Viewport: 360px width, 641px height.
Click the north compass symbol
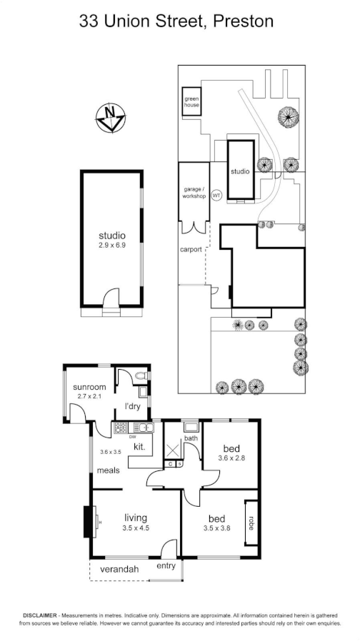coord(109,118)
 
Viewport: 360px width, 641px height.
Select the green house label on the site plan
coord(191,102)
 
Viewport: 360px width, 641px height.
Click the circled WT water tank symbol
coord(217,195)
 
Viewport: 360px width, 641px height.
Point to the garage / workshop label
coord(194,192)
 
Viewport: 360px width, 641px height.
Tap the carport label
coord(190,250)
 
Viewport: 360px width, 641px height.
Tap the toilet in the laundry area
coord(141,375)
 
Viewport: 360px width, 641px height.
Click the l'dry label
coord(132,406)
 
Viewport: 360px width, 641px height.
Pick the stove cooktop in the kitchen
coord(121,428)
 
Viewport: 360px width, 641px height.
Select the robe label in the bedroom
coord(251,522)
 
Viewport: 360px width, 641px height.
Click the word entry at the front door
coord(166,566)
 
